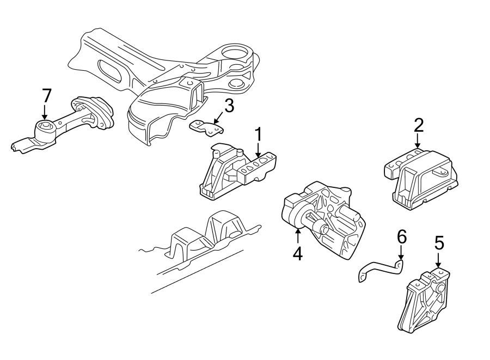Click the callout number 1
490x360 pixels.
(259, 135)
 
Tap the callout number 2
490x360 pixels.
(418, 126)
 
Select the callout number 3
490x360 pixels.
(229, 106)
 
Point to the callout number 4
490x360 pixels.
(297, 254)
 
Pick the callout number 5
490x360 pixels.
(439, 243)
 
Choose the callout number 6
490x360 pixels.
(401, 237)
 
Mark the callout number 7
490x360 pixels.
(46, 96)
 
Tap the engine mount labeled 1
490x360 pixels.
(237, 172)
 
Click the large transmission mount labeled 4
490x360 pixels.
(324, 218)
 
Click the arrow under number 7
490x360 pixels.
(46, 113)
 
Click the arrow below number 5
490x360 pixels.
(439, 261)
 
